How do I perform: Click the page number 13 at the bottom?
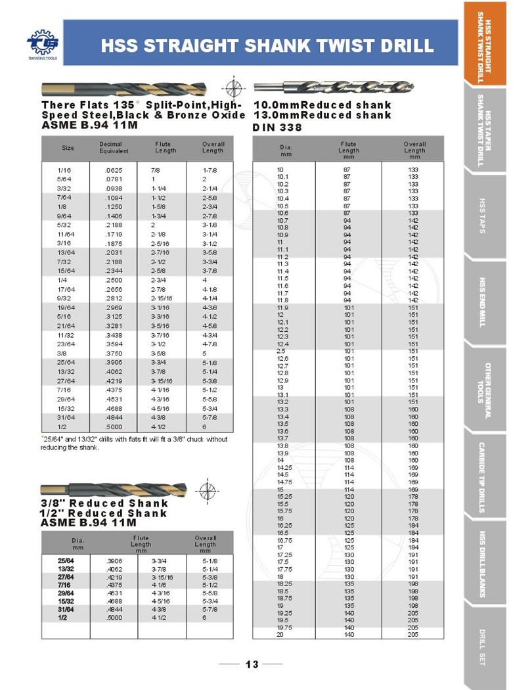[252, 664]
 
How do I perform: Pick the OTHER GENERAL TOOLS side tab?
[484, 390]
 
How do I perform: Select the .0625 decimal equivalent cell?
[114, 170]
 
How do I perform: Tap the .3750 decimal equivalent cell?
[114, 352]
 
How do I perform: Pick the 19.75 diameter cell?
[284, 628]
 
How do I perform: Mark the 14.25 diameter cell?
[284, 468]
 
